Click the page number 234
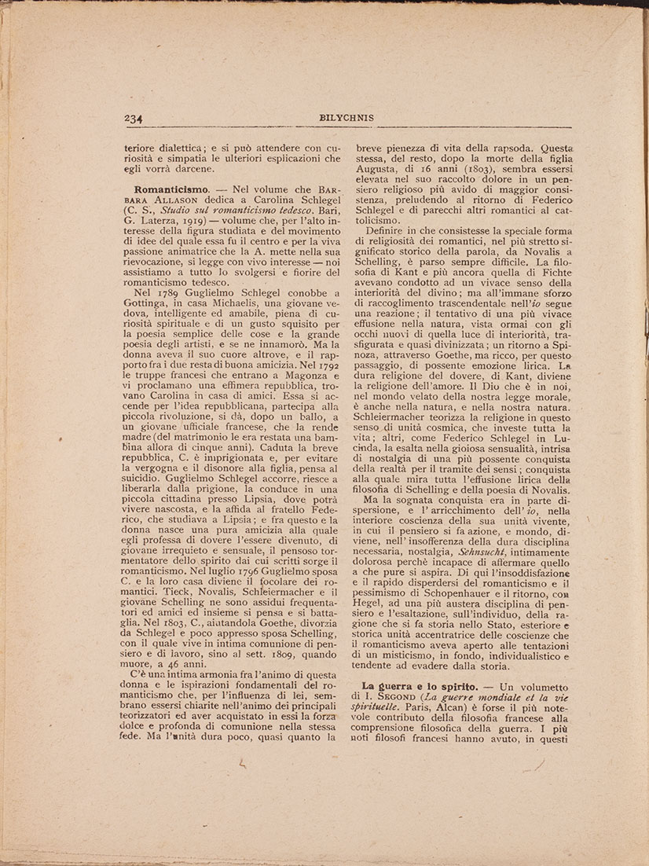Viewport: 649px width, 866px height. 132,119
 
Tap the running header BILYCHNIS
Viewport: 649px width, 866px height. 346,118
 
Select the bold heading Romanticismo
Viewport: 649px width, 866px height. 171,189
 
